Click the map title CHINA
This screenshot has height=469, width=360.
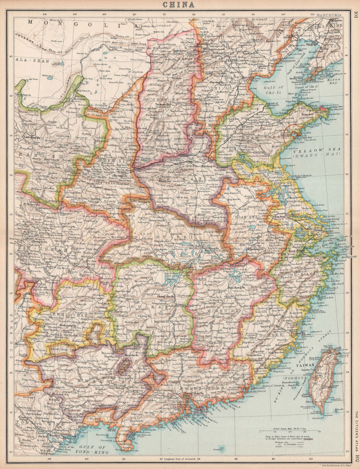pyautogui.click(x=179, y=5)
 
